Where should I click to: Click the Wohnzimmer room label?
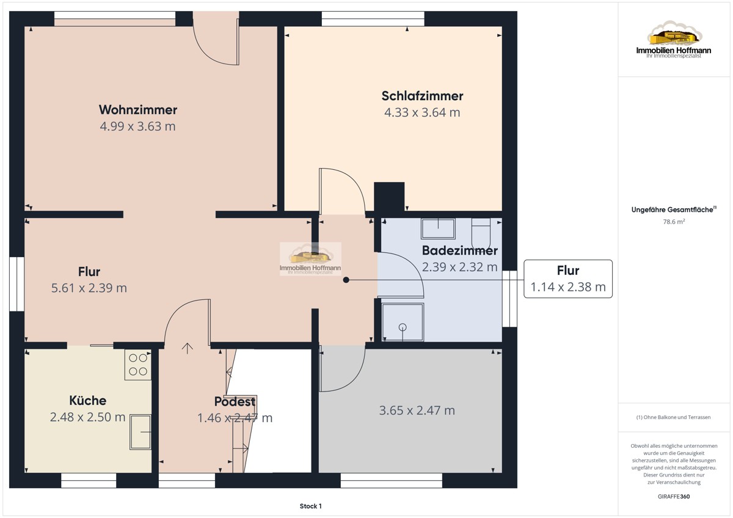click(138, 109)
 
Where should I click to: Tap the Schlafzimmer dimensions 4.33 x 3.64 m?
click(422, 112)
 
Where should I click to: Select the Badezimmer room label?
click(460, 250)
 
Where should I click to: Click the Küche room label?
click(88, 401)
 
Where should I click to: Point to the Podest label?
click(235, 401)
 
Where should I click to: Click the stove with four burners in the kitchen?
click(138, 365)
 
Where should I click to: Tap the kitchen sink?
click(140, 432)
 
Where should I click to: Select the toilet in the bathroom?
click(481, 235)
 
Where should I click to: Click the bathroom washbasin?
click(438, 228)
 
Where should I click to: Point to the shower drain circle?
click(403, 327)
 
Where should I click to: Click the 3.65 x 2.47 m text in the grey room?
click(417, 410)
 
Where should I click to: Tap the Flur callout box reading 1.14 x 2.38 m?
click(568, 279)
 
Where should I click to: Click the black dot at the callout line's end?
click(346, 280)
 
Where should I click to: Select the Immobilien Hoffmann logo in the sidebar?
click(674, 40)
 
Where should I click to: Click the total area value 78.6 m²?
click(674, 222)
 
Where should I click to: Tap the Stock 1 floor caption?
click(310, 506)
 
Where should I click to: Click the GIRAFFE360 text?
click(674, 497)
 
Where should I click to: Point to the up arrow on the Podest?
click(187, 349)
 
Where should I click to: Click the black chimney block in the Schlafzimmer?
click(389, 197)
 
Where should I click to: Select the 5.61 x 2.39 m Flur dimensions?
click(89, 288)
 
